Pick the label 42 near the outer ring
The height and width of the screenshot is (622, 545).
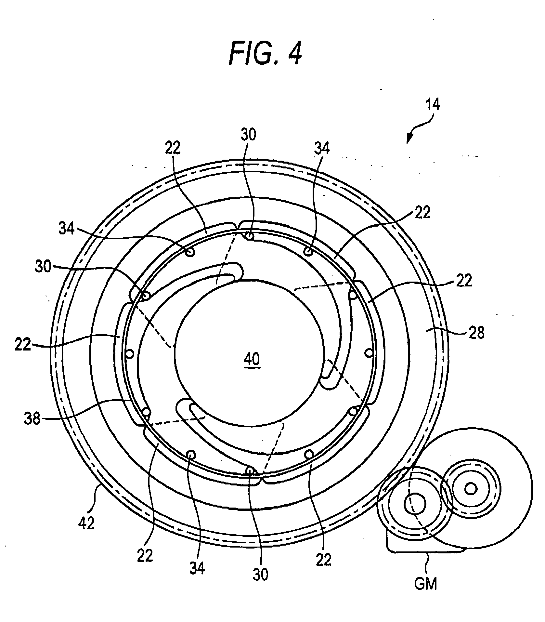pyautogui.click(x=86, y=523)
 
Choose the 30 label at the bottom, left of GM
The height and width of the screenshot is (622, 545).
pyautogui.click(x=261, y=574)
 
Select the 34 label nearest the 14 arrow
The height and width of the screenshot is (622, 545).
pyautogui.click(x=322, y=149)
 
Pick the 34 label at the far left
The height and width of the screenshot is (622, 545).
pyautogui.click(x=66, y=229)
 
